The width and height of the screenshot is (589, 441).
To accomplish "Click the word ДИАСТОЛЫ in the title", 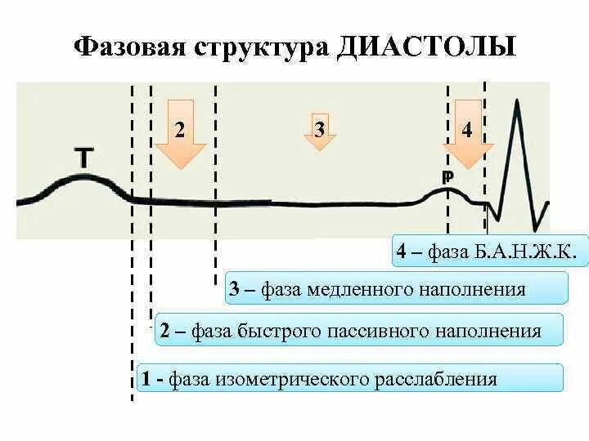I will (425, 46).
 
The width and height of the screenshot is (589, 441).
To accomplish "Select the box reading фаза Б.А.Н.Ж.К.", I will (490, 252).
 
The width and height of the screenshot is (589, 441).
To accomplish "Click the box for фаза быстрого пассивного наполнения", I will (360, 331).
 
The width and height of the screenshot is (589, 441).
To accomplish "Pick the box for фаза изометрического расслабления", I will (350, 379).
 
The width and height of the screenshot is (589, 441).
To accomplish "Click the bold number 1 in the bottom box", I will (146, 379).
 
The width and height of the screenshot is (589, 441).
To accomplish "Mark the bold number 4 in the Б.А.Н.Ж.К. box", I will (402, 252).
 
